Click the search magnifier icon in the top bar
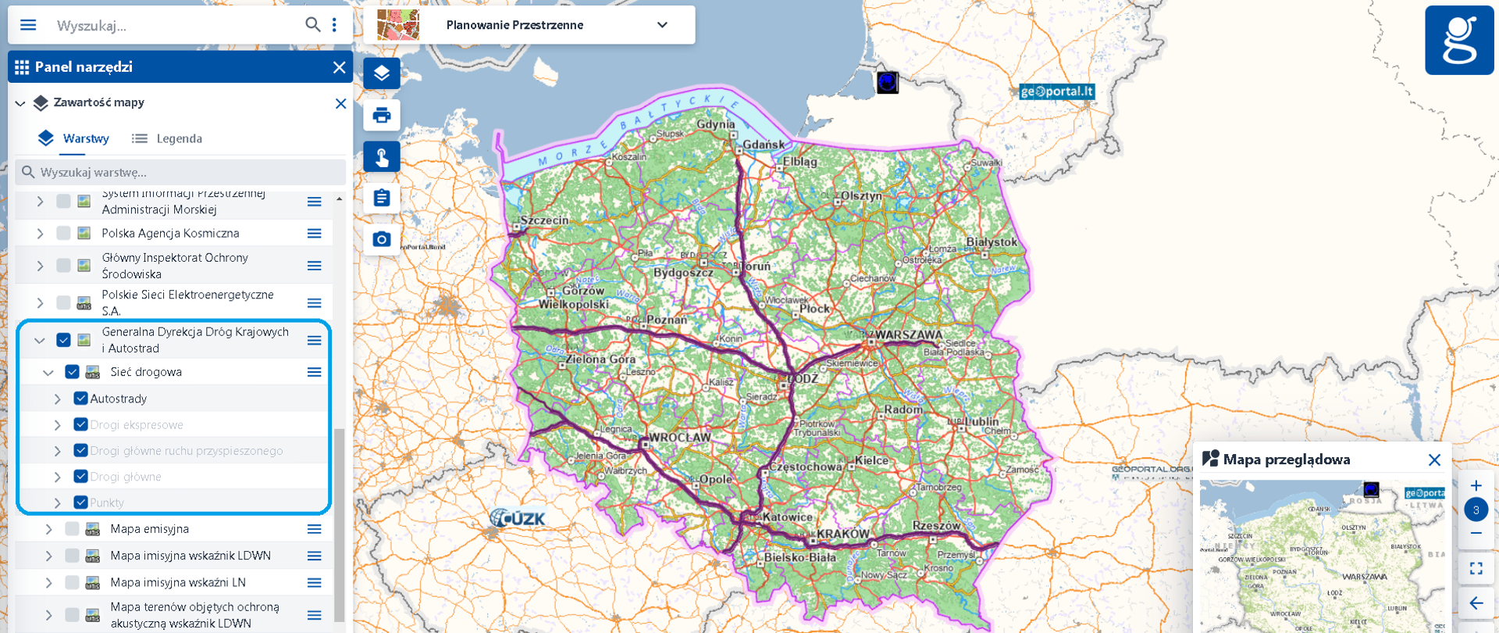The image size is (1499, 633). (x=312, y=25)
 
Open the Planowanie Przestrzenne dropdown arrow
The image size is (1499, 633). (x=662, y=25)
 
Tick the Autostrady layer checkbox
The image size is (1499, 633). (x=80, y=399)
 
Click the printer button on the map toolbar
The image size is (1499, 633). (x=382, y=116)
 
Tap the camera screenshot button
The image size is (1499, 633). (x=382, y=239)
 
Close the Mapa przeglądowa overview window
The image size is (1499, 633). (x=1434, y=460)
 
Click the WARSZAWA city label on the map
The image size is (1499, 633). (x=908, y=334)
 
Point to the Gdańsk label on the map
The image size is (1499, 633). (x=764, y=145)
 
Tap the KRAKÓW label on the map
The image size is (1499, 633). (x=842, y=534)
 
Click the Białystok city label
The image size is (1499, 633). (x=992, y=242)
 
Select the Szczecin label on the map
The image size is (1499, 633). (x=545, y=220)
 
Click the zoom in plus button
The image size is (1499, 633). (x=1476, y=486)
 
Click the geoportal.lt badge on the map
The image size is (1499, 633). (x=1056, y=91)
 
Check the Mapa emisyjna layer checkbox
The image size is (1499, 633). (x=72, y=529)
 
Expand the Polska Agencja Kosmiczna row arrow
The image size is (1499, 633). (x=40, y=233)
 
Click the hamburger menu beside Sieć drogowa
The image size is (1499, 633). (x=314, y=372)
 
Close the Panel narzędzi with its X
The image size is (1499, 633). (x=339, y=67)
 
